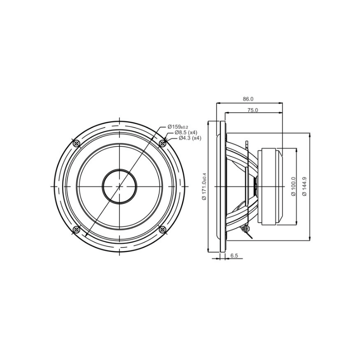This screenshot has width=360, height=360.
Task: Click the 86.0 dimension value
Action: click(x=248, y=99)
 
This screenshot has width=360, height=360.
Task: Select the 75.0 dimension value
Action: click(x=252, y=110)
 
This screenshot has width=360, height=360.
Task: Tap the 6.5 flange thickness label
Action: click(x=234, y=256)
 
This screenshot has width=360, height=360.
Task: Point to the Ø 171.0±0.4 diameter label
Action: click(x=204, y=186)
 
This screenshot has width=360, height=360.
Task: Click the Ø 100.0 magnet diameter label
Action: click(x=293, y=186)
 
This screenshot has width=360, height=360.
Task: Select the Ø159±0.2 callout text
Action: click(x=178, y=127)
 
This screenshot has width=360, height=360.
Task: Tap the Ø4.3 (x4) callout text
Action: click(x=189, y=138)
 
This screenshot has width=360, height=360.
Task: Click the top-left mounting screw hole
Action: click(x=76, y=143)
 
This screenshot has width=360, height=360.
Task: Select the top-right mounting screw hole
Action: click(x=162, y=143)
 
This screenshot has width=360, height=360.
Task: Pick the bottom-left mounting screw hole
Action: click(x=76, y=229)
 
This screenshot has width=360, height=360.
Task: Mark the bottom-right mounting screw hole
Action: click(x=162, y=229)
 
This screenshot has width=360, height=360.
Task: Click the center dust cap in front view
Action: click(x=119, y=186)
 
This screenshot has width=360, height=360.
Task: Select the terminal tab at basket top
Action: click(x=247, y=145)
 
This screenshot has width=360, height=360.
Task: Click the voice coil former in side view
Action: click(x=255, y=186)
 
